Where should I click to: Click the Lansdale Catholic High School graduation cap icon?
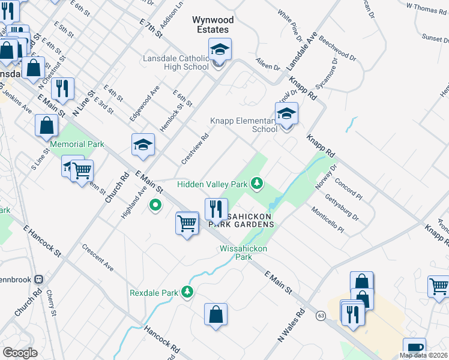[x=220, y=49]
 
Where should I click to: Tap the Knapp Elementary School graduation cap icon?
[x=287, y=113]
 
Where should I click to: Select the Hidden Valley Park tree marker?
[x=258, y=182]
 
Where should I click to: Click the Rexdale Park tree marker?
[x=188, y=292]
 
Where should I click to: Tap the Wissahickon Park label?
[x=243, y=252]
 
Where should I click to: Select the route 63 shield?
[x=321, y=315]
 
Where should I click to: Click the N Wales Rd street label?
[x=292, y=325]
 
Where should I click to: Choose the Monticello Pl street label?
[x=327, y=220]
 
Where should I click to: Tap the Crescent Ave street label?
[x=98, y=257]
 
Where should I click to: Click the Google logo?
[x=20, y=353]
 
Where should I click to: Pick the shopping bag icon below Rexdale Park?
[x=215, y=314]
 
